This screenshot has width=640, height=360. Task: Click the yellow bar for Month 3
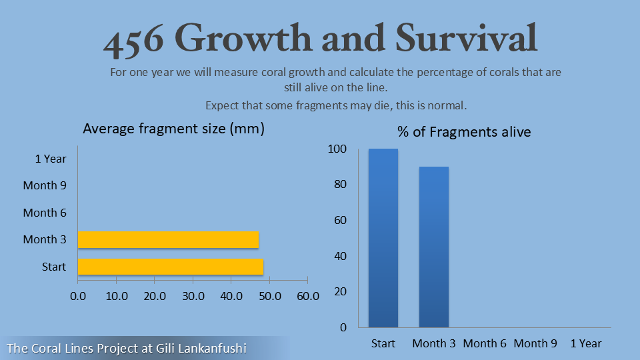[168, 240]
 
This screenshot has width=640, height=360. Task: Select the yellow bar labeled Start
[171, 267]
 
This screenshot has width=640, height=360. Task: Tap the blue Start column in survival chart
[383, 238]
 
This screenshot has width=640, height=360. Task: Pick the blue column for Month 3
[434, 247]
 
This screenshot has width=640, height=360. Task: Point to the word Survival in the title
[467, 39]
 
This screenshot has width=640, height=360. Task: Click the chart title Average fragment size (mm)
[173, 129]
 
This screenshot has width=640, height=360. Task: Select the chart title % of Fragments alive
[464, 132]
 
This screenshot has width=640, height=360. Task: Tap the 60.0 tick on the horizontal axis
[307, 295]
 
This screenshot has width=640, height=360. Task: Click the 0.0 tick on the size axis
[78, 295]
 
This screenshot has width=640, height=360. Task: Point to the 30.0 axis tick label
[193, 295]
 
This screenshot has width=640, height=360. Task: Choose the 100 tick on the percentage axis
[337, 149]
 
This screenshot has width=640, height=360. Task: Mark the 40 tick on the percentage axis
[340, 256]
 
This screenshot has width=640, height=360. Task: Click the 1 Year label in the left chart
[51, 159]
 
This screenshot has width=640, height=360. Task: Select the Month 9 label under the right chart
[535, 343]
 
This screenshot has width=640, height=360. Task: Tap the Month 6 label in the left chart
[45, 213]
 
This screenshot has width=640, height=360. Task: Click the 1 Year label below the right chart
[586, 343]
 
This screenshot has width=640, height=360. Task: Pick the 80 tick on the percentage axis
[340, 185]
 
